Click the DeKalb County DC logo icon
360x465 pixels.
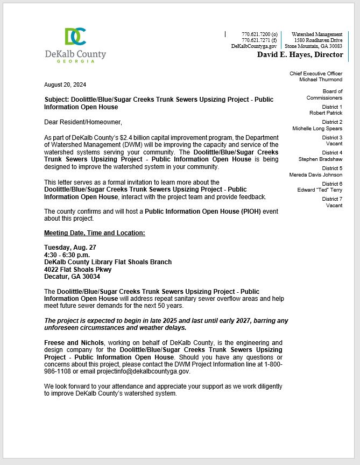(75, 36)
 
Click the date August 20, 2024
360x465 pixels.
(65, 84)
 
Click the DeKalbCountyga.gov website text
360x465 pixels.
(254, 46)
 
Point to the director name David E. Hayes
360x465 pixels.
(300, 54)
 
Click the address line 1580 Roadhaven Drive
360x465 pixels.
(318, 40)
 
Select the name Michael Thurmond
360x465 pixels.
(321, 80)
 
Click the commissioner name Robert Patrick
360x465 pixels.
(326, 113)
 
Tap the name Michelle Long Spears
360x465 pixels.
(317, 129)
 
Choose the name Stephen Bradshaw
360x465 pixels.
(320, 159)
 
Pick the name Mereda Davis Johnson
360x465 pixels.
(315, 174)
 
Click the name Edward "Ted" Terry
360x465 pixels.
(320, 190)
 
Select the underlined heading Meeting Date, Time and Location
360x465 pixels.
(94, 233)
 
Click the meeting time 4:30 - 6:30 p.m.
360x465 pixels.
(67, 255)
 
